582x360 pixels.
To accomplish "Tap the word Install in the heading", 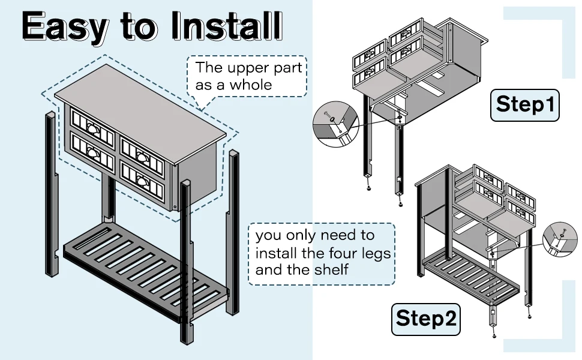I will (226, 26).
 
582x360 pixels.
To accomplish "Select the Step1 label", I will (525, 105).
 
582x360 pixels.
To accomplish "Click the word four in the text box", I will (335, 253).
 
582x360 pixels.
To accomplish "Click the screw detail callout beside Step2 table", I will (558, 239).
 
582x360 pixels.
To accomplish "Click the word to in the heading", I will (141, 26).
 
